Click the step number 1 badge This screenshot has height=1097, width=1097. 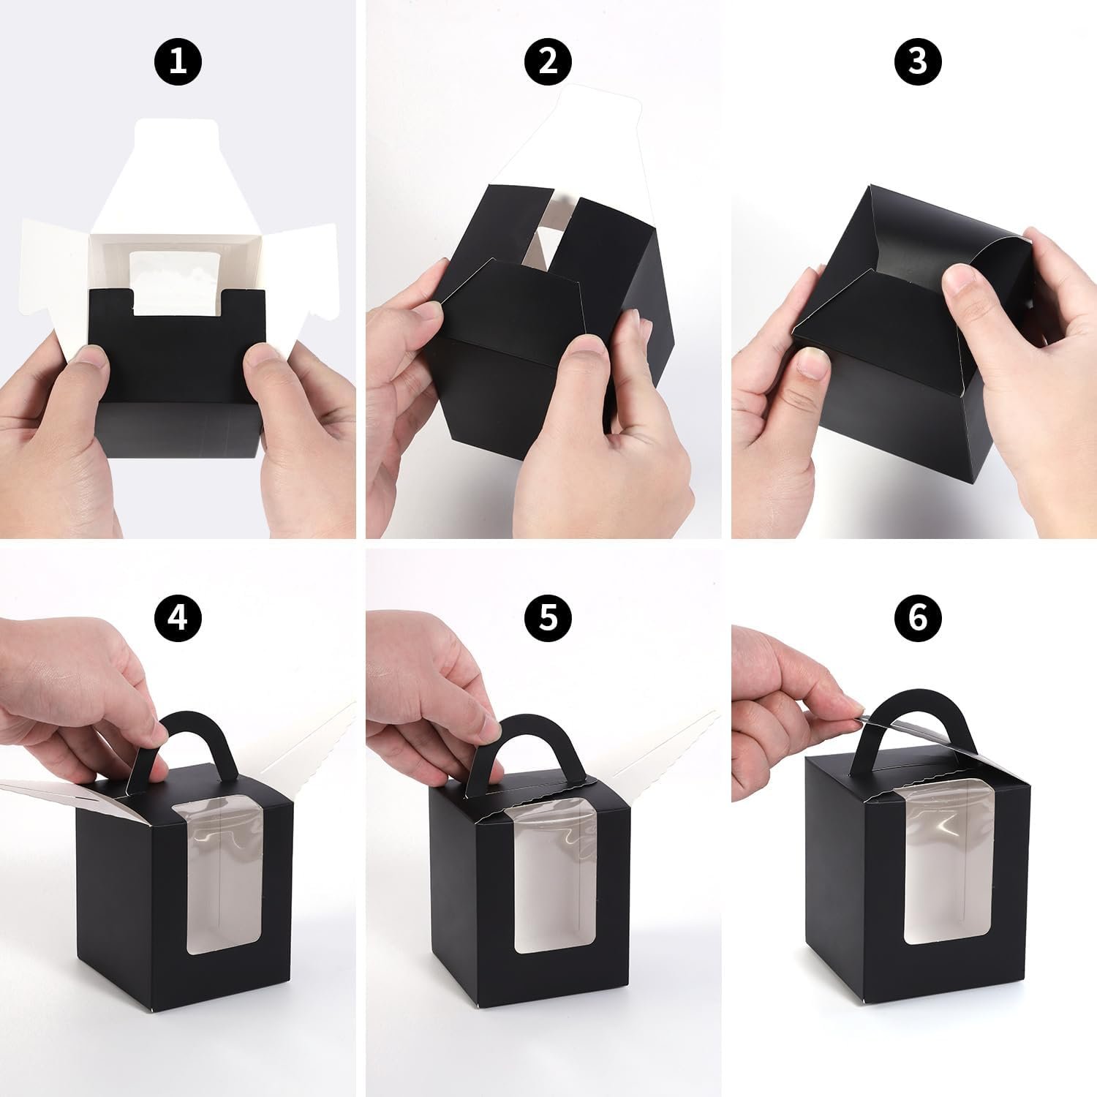(x=178, y=61)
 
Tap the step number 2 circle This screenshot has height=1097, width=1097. (x=548, y=61)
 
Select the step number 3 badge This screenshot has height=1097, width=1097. (x=918, y=61)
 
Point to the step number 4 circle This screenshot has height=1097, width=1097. (x=178, y=618)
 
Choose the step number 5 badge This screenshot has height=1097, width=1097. (x=548, y=618)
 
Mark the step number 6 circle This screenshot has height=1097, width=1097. (x=918, y=618)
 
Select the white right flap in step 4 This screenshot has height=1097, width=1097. (x=307, y=739)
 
